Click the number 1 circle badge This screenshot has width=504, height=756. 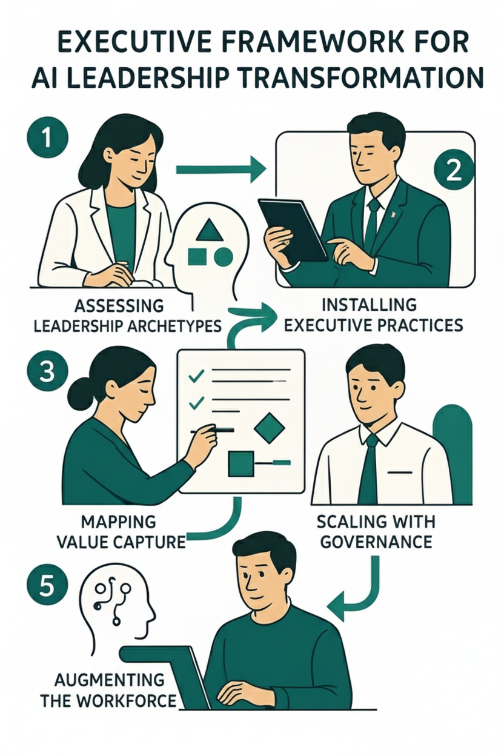(x=47, y=138)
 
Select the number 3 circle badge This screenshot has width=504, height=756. (x=47, y=372)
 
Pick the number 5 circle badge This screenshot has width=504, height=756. (x=47, y=586)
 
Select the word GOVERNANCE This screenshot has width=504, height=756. (x=376, y=542)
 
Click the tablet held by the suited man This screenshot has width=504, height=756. (x=293, y=230)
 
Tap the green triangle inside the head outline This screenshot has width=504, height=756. (x=210, y=229)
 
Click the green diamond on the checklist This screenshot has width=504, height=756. (x=269, y=428)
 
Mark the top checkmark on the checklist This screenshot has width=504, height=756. (x=196, y=376)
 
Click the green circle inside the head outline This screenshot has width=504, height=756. (x=224, y=256)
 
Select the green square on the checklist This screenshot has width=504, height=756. (x=241, y=464)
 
